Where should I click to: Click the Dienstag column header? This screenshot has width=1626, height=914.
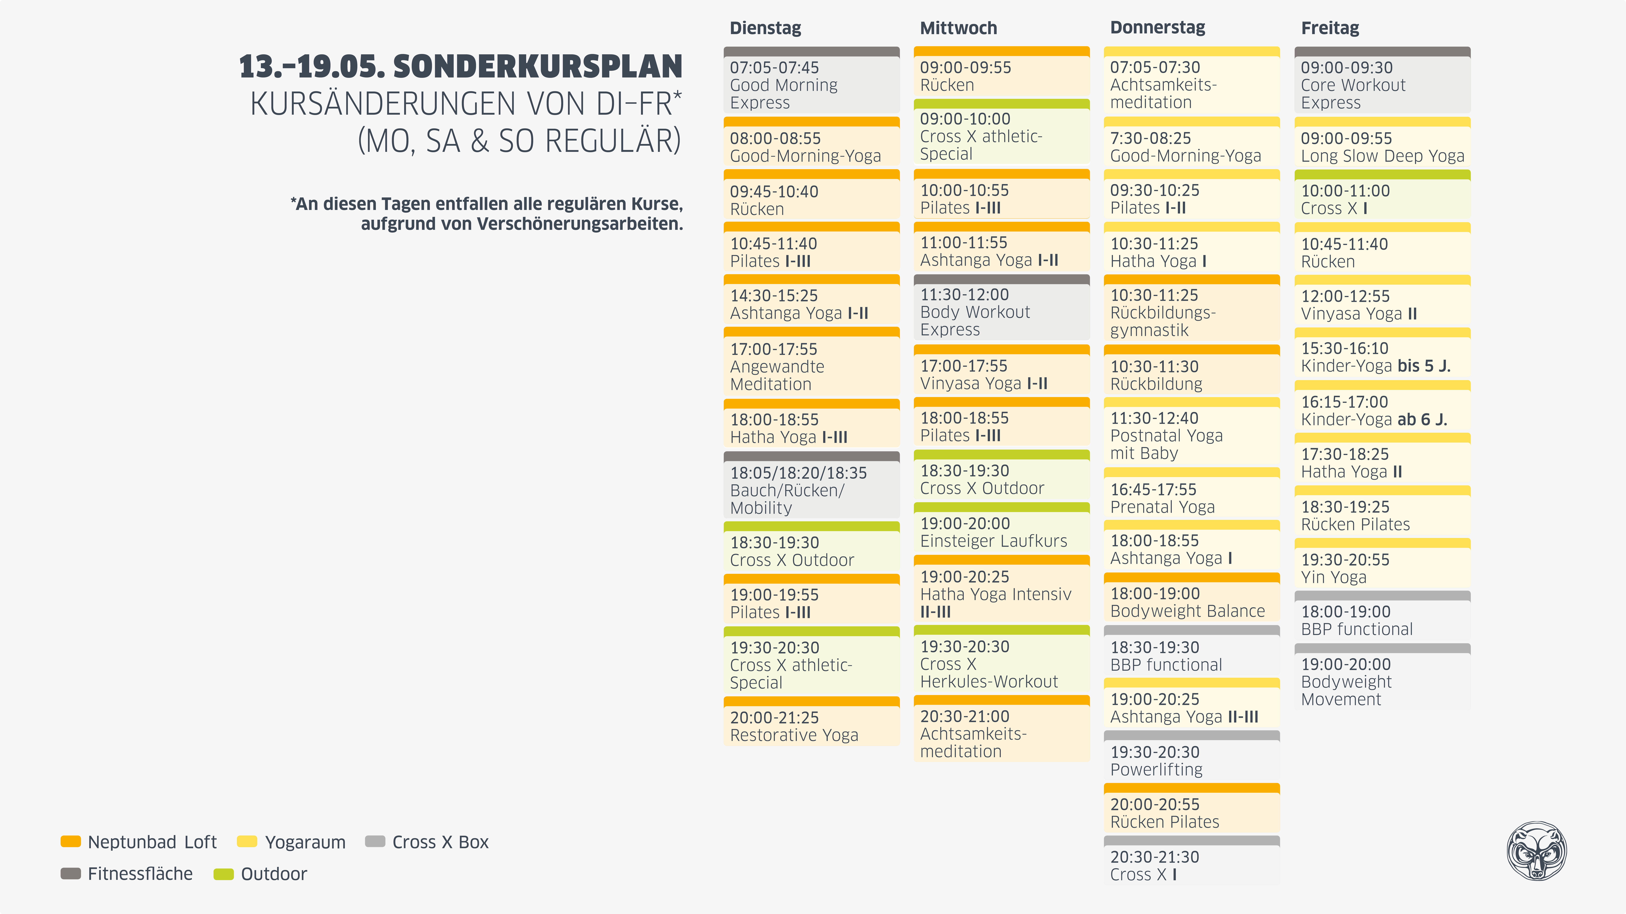pos(765,28)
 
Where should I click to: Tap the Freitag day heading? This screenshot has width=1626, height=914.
pos(1330,28)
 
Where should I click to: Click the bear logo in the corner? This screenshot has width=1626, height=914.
pos(1536,850)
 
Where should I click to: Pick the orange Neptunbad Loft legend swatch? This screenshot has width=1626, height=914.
pos(71,841)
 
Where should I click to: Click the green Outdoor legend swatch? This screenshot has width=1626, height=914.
pos(223,874)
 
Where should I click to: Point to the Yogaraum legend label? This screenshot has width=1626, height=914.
pos(305,842)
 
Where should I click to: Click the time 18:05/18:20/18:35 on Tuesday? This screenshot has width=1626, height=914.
pos(799,473)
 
